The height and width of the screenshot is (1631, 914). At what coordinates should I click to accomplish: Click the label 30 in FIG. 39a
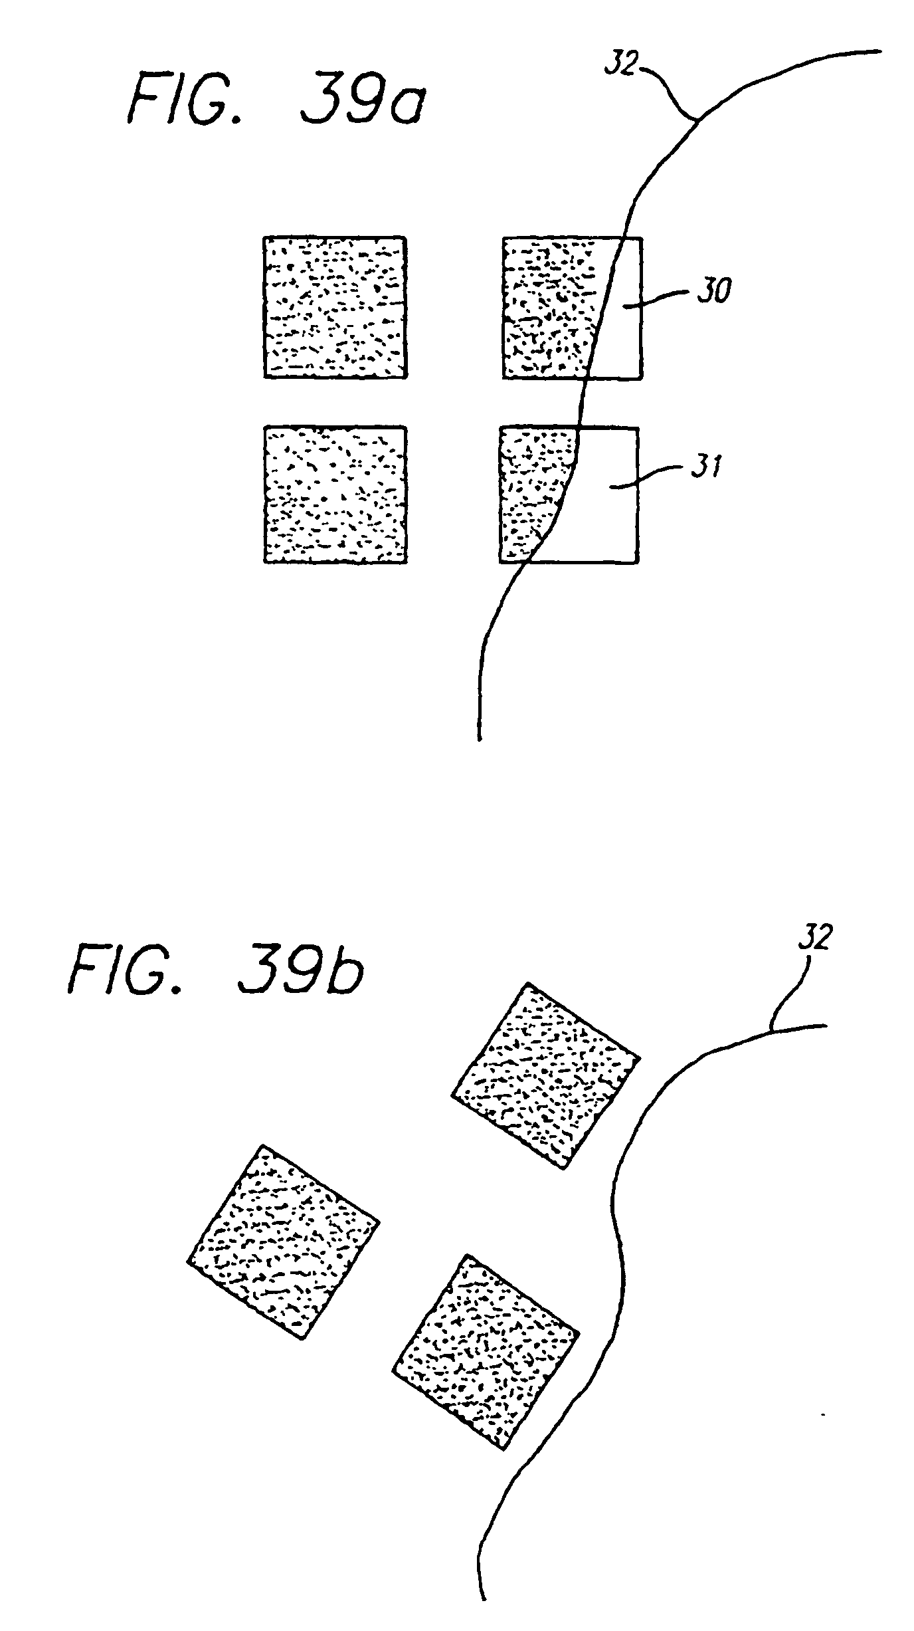coord(713,291)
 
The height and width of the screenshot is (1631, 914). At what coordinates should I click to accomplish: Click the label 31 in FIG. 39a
coord(705,469)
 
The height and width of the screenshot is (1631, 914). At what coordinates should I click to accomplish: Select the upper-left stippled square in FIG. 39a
coord(335,307)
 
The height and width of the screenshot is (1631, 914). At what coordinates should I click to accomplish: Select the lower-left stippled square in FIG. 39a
coord(335,494)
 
